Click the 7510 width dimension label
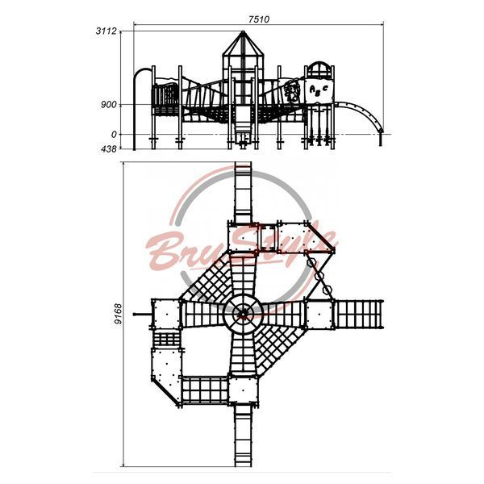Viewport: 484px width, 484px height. [259, 19]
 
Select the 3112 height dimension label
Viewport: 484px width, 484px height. [106, 31]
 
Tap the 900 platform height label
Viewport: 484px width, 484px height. [109, 105]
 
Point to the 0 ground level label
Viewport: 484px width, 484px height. [115, 135]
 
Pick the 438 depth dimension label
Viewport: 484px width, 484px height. [109, 149]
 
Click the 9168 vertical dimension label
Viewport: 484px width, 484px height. [118, 314]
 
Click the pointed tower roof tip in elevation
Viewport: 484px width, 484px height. [243, 31]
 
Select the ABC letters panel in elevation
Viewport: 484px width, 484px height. [319, 90]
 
